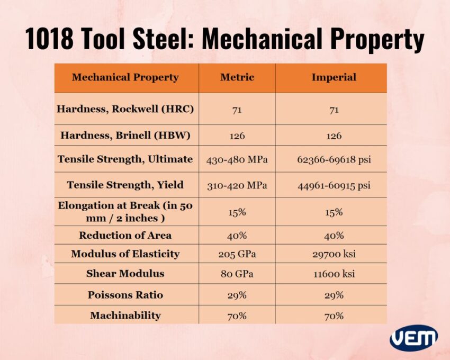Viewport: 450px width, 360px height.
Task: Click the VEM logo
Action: [x=413, y=338]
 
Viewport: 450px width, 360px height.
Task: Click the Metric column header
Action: [x=237, y=77]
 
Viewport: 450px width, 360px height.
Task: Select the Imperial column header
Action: [x=334, y=77]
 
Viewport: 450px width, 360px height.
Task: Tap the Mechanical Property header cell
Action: [x=125, y=77]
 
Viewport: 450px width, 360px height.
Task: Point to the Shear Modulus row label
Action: [x=125, y=274]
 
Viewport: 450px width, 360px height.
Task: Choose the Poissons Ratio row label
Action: [x=125, y=295]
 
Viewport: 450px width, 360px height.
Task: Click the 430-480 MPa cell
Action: [x=237, y=159]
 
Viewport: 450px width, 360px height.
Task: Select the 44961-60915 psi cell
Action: [x=334, y=185]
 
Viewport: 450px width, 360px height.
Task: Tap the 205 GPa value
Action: [x=237, y=254]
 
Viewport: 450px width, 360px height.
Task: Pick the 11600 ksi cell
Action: [x=334, y=274]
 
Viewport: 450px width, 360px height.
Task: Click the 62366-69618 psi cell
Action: [x=334, y=159]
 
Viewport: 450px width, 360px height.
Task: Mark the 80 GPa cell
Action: [x=237, y=274]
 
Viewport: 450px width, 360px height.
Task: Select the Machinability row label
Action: [x=125, y=316]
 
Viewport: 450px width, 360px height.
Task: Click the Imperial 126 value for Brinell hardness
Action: [x=334, y=136]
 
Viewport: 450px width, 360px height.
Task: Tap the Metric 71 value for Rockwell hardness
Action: [x=237, y=110]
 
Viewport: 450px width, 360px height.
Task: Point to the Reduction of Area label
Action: [x=125, y=235]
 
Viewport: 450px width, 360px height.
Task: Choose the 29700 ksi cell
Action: [x=334, y=254]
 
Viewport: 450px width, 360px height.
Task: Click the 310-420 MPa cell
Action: [x=237, y=185]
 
